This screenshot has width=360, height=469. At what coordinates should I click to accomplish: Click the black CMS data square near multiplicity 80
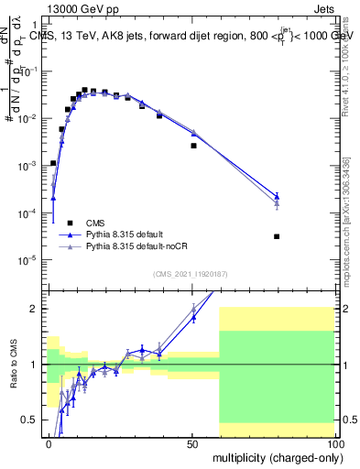tap(277, 236)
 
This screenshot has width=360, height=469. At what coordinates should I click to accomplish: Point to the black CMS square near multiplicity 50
tap(193, 146)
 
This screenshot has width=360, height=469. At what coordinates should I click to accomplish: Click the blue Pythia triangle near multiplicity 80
tap(277, 195)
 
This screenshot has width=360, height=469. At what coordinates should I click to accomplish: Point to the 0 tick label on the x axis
tap(49, 443)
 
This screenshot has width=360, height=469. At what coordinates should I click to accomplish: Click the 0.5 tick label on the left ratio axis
tap(31, 420)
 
